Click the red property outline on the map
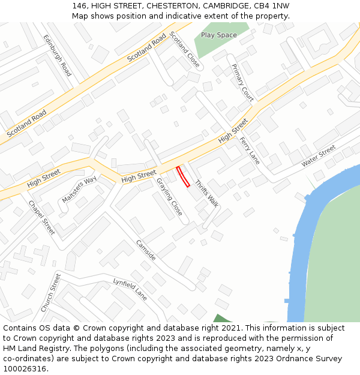pos(184,177)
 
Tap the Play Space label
pos(218,35)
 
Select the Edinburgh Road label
pos(58,55)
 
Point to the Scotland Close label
pos(185,49)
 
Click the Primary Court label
pos(242,82)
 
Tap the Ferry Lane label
pos(250,151)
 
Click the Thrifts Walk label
pos(206,193)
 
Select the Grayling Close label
pos(169,197)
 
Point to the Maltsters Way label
pos(79,190)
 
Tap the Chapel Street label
pos(41,217)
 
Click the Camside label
pos(146,250)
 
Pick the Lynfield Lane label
pos(130,290)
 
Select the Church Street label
pos(51,292)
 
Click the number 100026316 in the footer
pos(25,369)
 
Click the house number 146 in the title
pos(79,5)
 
